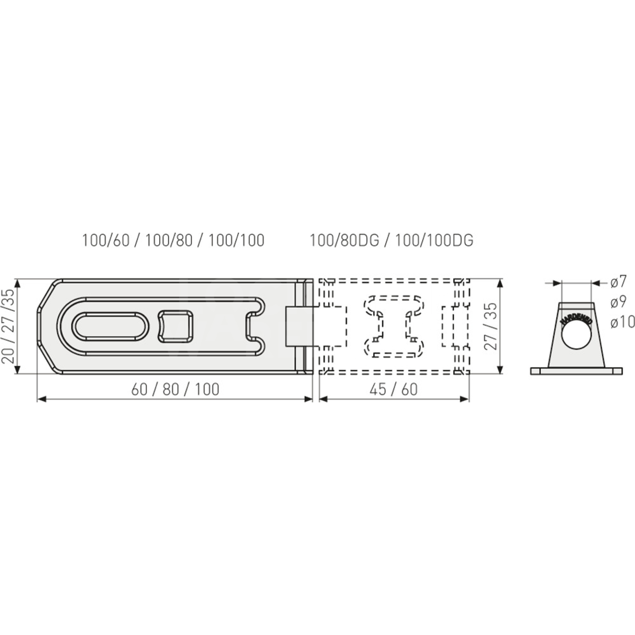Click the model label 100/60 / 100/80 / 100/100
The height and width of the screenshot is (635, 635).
173,240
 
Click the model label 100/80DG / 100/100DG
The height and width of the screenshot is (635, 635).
392,240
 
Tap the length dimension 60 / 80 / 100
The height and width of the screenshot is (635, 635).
175,389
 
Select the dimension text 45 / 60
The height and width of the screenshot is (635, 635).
395,389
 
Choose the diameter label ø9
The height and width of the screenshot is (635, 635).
619,303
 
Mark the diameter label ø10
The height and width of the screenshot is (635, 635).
622,322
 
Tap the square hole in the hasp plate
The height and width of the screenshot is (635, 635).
177,325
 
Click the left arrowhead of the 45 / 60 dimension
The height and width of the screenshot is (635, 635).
322,399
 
